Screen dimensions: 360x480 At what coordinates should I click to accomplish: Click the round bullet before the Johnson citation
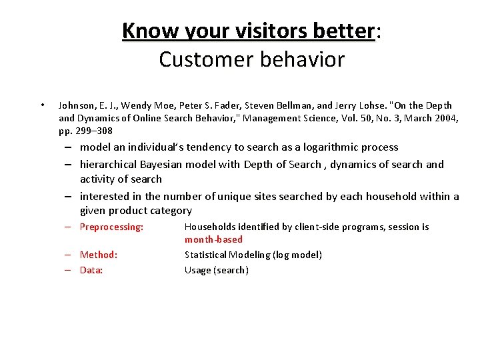43,105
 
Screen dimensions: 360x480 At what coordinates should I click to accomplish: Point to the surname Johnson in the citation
77,105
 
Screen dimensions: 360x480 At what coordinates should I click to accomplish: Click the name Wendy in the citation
133,105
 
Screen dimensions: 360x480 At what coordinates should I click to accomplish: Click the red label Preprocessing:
111,227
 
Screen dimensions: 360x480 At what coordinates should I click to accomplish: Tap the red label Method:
99,255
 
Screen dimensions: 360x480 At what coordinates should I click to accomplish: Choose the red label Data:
91,270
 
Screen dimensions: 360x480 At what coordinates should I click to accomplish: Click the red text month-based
213,239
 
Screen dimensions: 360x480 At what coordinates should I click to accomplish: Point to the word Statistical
207,255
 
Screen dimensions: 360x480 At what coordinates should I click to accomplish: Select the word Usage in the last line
198,270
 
